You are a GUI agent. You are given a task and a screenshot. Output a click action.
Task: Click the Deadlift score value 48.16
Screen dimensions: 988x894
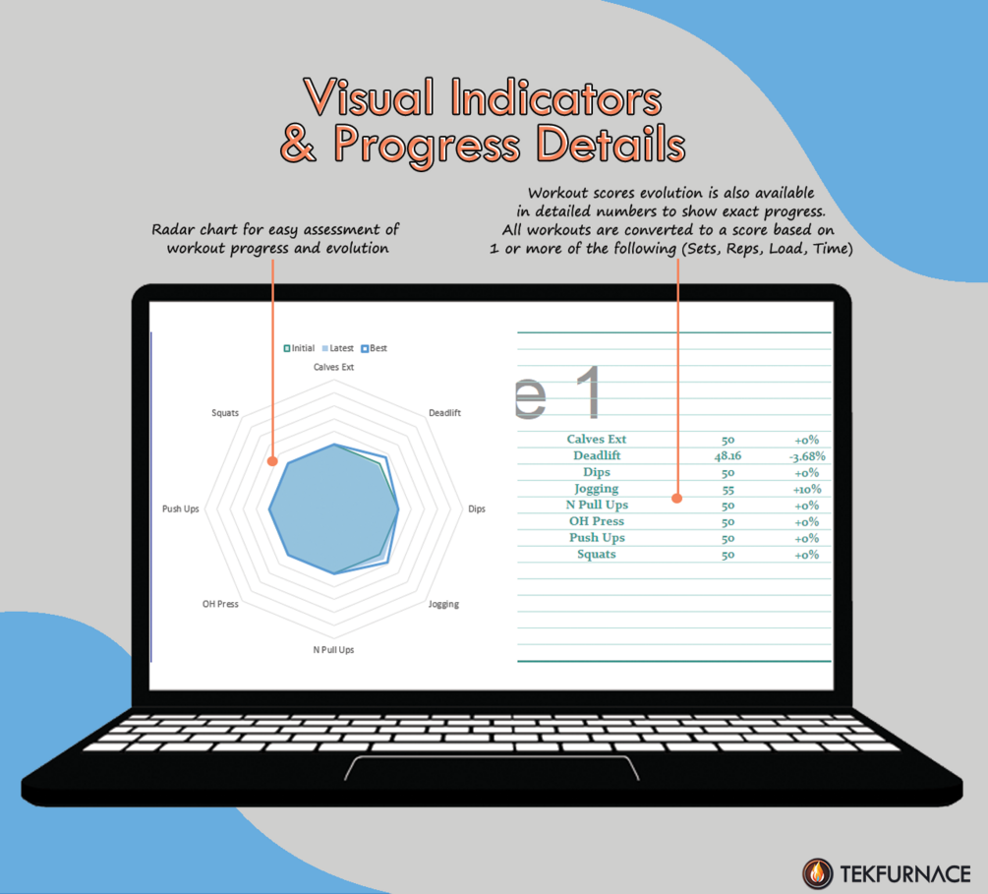(727, 455)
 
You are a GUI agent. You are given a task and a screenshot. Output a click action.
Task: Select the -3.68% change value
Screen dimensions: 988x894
(807, 455)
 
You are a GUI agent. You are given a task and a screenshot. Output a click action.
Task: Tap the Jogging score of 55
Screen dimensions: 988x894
(727, 489)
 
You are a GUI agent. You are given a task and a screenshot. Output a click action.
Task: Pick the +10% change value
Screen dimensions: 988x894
(807, 489)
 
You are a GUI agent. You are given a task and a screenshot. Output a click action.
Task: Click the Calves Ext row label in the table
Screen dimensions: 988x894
(596, 439)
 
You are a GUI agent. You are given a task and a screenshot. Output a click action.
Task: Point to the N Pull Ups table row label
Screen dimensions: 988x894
(597, 505)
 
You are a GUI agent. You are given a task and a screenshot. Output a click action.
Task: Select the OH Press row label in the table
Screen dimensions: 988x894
(597, 521)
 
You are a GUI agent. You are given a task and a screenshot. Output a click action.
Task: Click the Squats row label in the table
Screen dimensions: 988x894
(597, 554)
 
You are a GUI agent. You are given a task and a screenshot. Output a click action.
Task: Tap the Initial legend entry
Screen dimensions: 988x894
(299, 348)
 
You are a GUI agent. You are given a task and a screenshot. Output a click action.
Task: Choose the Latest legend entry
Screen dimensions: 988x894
(338, 348)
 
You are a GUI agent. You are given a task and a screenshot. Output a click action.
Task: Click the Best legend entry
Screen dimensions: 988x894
(374, 348)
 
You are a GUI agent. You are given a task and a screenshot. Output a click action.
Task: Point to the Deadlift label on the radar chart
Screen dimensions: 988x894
(445, 413)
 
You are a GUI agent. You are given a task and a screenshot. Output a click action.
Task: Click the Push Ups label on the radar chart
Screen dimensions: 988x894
(181, 508)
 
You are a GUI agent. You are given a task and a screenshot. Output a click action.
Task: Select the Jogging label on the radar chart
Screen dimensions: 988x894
(443, 604)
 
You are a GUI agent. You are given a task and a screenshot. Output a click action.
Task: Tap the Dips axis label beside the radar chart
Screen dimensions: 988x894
(477, 508)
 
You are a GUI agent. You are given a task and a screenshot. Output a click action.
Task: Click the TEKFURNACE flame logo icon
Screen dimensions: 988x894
(817, 873)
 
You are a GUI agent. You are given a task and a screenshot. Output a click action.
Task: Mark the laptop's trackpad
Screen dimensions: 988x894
(493, 768)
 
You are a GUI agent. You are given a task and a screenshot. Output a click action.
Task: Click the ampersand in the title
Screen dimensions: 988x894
(298, 144)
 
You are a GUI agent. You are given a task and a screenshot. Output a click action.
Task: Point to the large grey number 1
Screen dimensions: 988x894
(591, 391)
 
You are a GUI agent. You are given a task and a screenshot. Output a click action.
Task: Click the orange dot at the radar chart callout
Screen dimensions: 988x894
(272, 461)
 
